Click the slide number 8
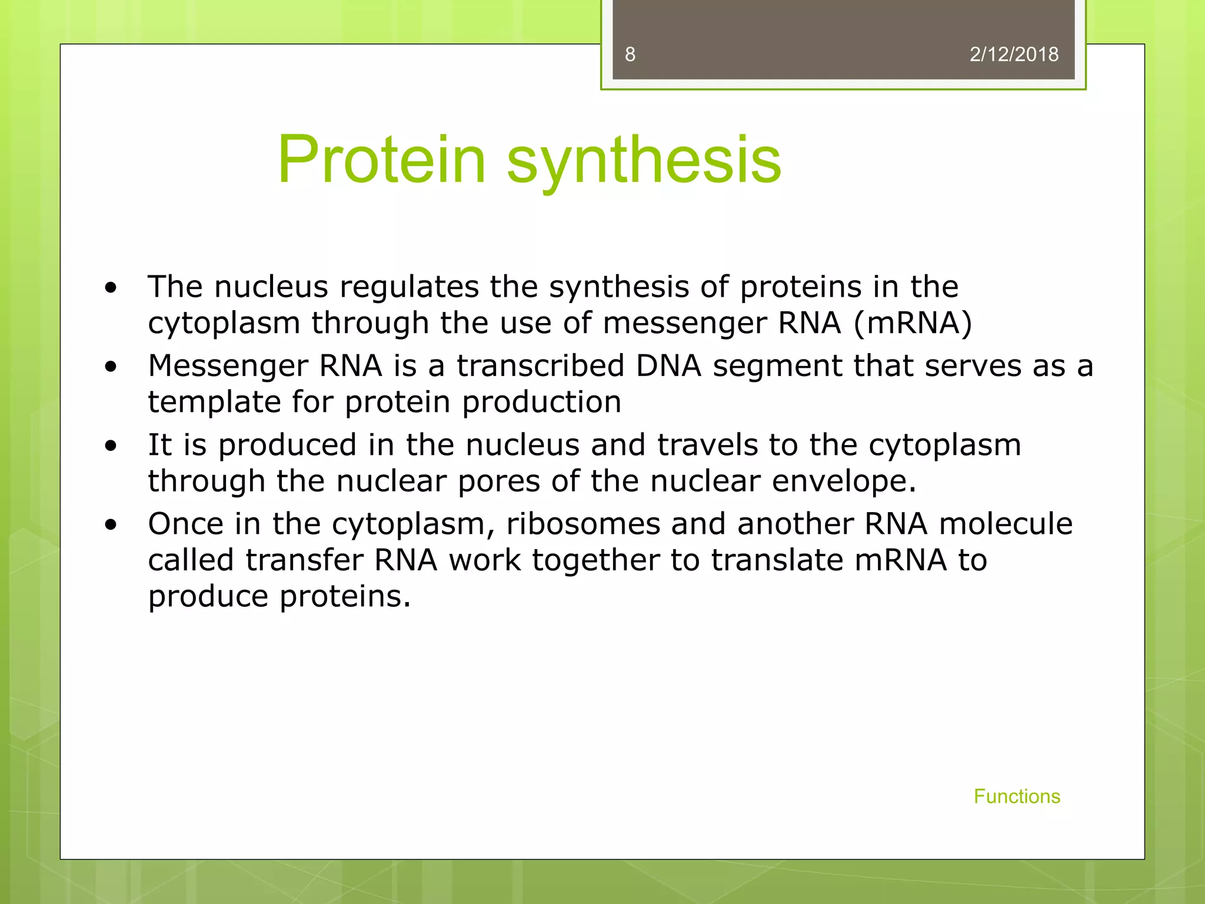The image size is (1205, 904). coord(630,55)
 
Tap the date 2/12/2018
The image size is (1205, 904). coord(1014,55)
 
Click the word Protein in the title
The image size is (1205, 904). coord(381,159)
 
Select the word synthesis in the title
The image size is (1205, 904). coord(644,159)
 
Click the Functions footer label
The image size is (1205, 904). coord(1017,796)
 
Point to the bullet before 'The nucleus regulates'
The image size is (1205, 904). coord(111,288)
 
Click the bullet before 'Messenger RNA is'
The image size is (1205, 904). coord(111,367)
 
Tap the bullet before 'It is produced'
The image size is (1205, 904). coord(111,446)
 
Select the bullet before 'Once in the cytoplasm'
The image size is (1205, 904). coord(111,525)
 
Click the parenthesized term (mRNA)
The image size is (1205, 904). coord(913,324)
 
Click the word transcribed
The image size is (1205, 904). coord(540,366)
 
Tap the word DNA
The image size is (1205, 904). coord(668,366)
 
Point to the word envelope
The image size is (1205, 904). coord(843,482)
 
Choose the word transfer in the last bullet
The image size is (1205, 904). coord(304,560)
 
